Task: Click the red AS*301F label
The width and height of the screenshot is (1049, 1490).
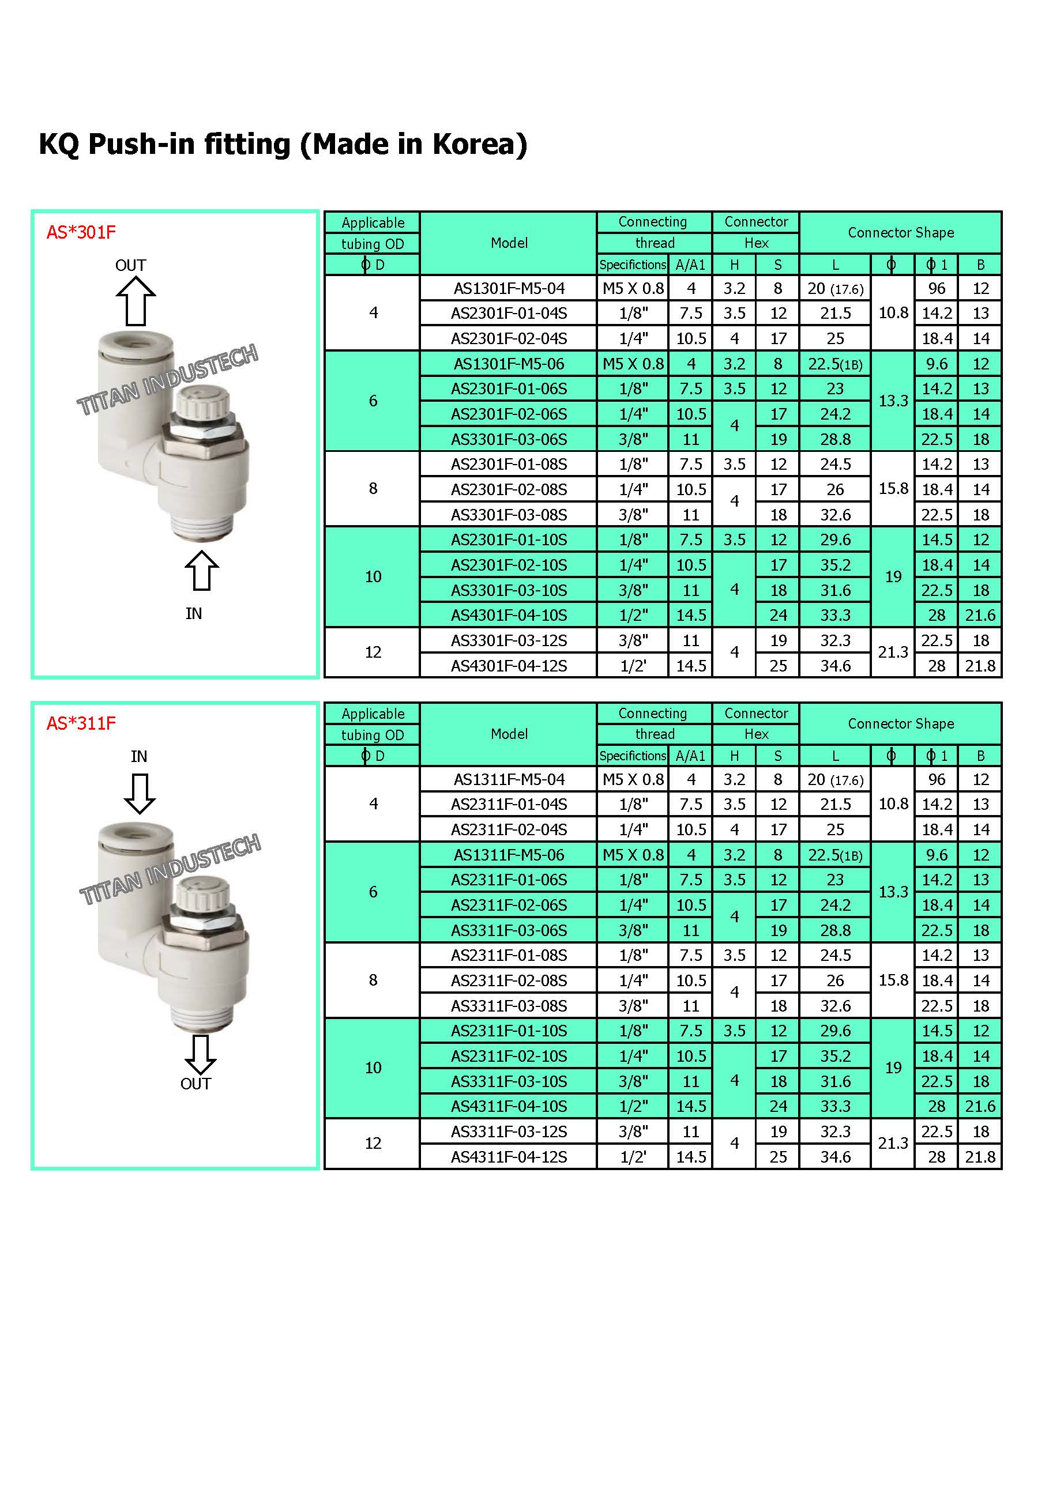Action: (81, 232)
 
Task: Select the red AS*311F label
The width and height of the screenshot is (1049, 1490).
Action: (81, 723)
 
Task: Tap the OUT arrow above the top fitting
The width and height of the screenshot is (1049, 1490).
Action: (136, 301)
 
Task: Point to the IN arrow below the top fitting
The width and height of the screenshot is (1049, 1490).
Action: (201, 571)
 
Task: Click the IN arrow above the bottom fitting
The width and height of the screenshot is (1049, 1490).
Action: (140, 794)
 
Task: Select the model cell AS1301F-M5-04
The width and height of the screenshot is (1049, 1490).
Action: (509, 288)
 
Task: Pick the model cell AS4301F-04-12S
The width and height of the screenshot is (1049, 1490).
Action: (509, 666)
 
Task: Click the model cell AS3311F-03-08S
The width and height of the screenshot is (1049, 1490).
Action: (509, 1006)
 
